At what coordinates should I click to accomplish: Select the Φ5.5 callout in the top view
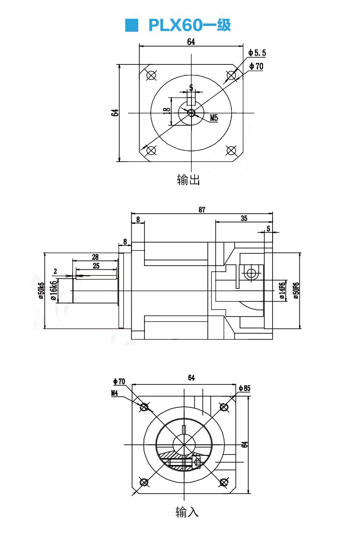[x=257, y=52]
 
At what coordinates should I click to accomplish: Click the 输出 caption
[x=188, y=180]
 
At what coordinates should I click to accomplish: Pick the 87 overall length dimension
[x=202, y=209]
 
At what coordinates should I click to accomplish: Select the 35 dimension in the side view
[x=244, y=218]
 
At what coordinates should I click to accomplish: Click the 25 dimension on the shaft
[x=96, y=266]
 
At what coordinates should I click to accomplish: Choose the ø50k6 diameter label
[x=41, y=290]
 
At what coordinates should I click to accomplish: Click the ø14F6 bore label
[x=282, y=290]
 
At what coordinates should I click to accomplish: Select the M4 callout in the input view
[x=115, y=393]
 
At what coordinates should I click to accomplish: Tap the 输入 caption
[x=187, y=512]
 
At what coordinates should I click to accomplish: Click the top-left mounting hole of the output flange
[x=152, y=75]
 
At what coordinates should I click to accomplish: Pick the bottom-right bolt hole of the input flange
[x=223, y=482]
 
